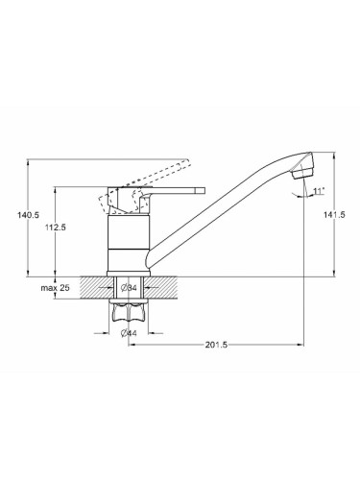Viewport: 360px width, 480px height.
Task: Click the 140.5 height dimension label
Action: [28, 215]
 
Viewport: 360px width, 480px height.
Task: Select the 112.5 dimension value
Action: [56, 228]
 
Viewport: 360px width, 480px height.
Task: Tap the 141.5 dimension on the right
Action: [335, 215]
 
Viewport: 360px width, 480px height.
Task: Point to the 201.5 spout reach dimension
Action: [216, 345]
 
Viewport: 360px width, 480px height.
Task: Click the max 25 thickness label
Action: [55, 288]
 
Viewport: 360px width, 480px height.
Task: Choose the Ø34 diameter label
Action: [129, 288]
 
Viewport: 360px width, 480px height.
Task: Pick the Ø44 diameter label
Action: [129, 333]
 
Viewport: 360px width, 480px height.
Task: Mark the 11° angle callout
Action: [319, 191]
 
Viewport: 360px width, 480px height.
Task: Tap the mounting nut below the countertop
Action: [129, 312]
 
